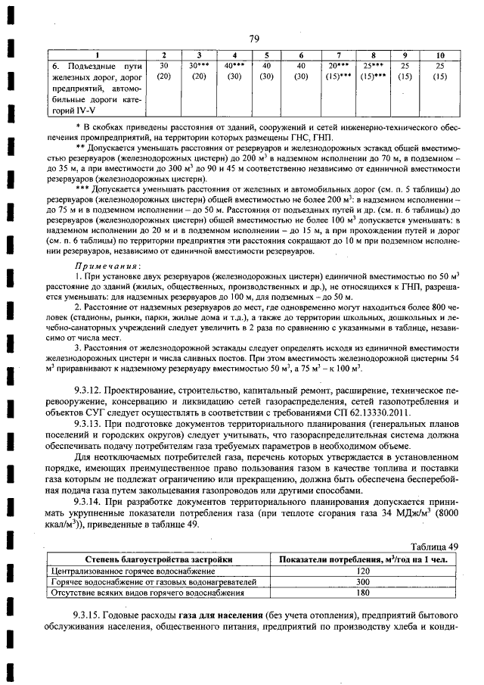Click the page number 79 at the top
tap(253, 40)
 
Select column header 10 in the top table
tap(439, 56)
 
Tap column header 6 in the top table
tap(301, 56)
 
